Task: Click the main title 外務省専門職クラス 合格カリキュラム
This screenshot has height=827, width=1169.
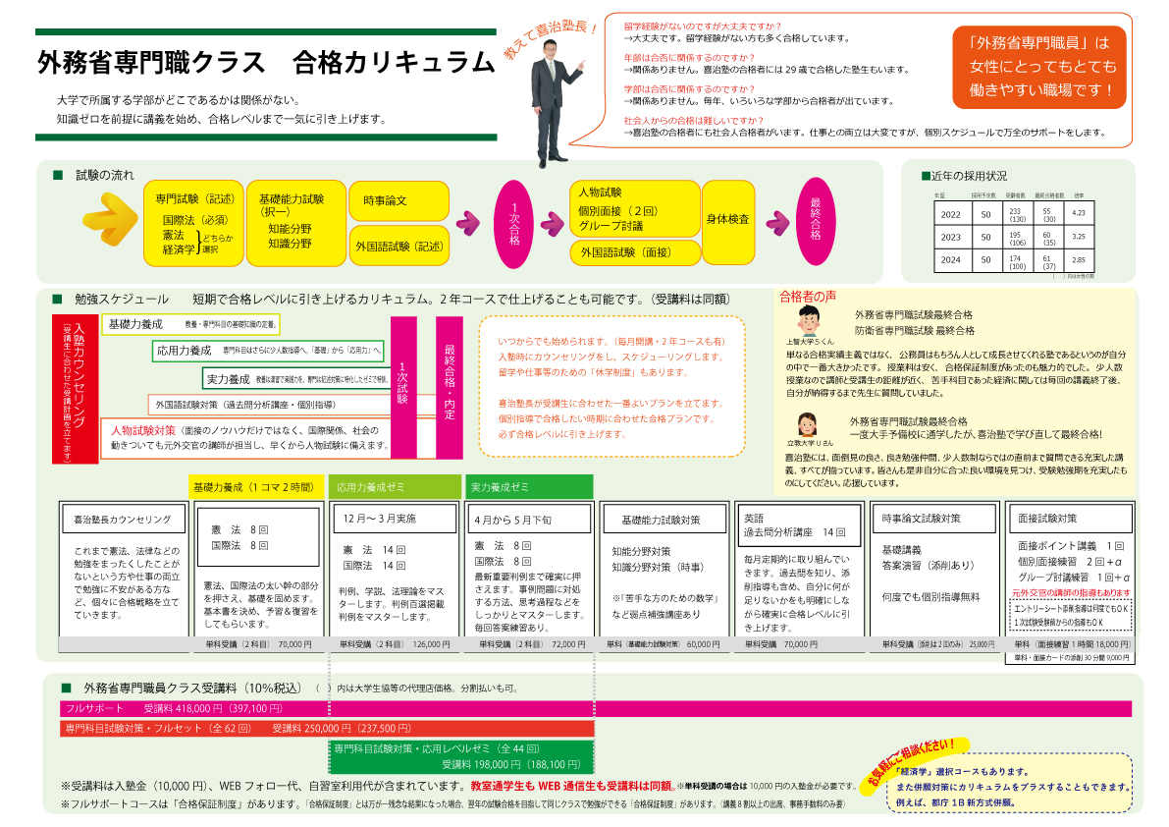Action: (265, 63)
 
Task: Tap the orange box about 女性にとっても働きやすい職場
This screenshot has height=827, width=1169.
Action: (1041, 67)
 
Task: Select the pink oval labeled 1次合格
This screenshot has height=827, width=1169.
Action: (514, 223)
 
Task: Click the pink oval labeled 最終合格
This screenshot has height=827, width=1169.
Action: (815, 223)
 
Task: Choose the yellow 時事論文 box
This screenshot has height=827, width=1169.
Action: (391, 201)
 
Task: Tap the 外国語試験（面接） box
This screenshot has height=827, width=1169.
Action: (633, 252)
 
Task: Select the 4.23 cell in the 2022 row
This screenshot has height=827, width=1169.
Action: (1078, 213)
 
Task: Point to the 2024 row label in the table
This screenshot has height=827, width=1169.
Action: (950, 261)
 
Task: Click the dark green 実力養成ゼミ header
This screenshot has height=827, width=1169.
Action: (529, 487)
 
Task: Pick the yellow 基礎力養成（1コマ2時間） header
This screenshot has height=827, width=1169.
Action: (252, 487)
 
